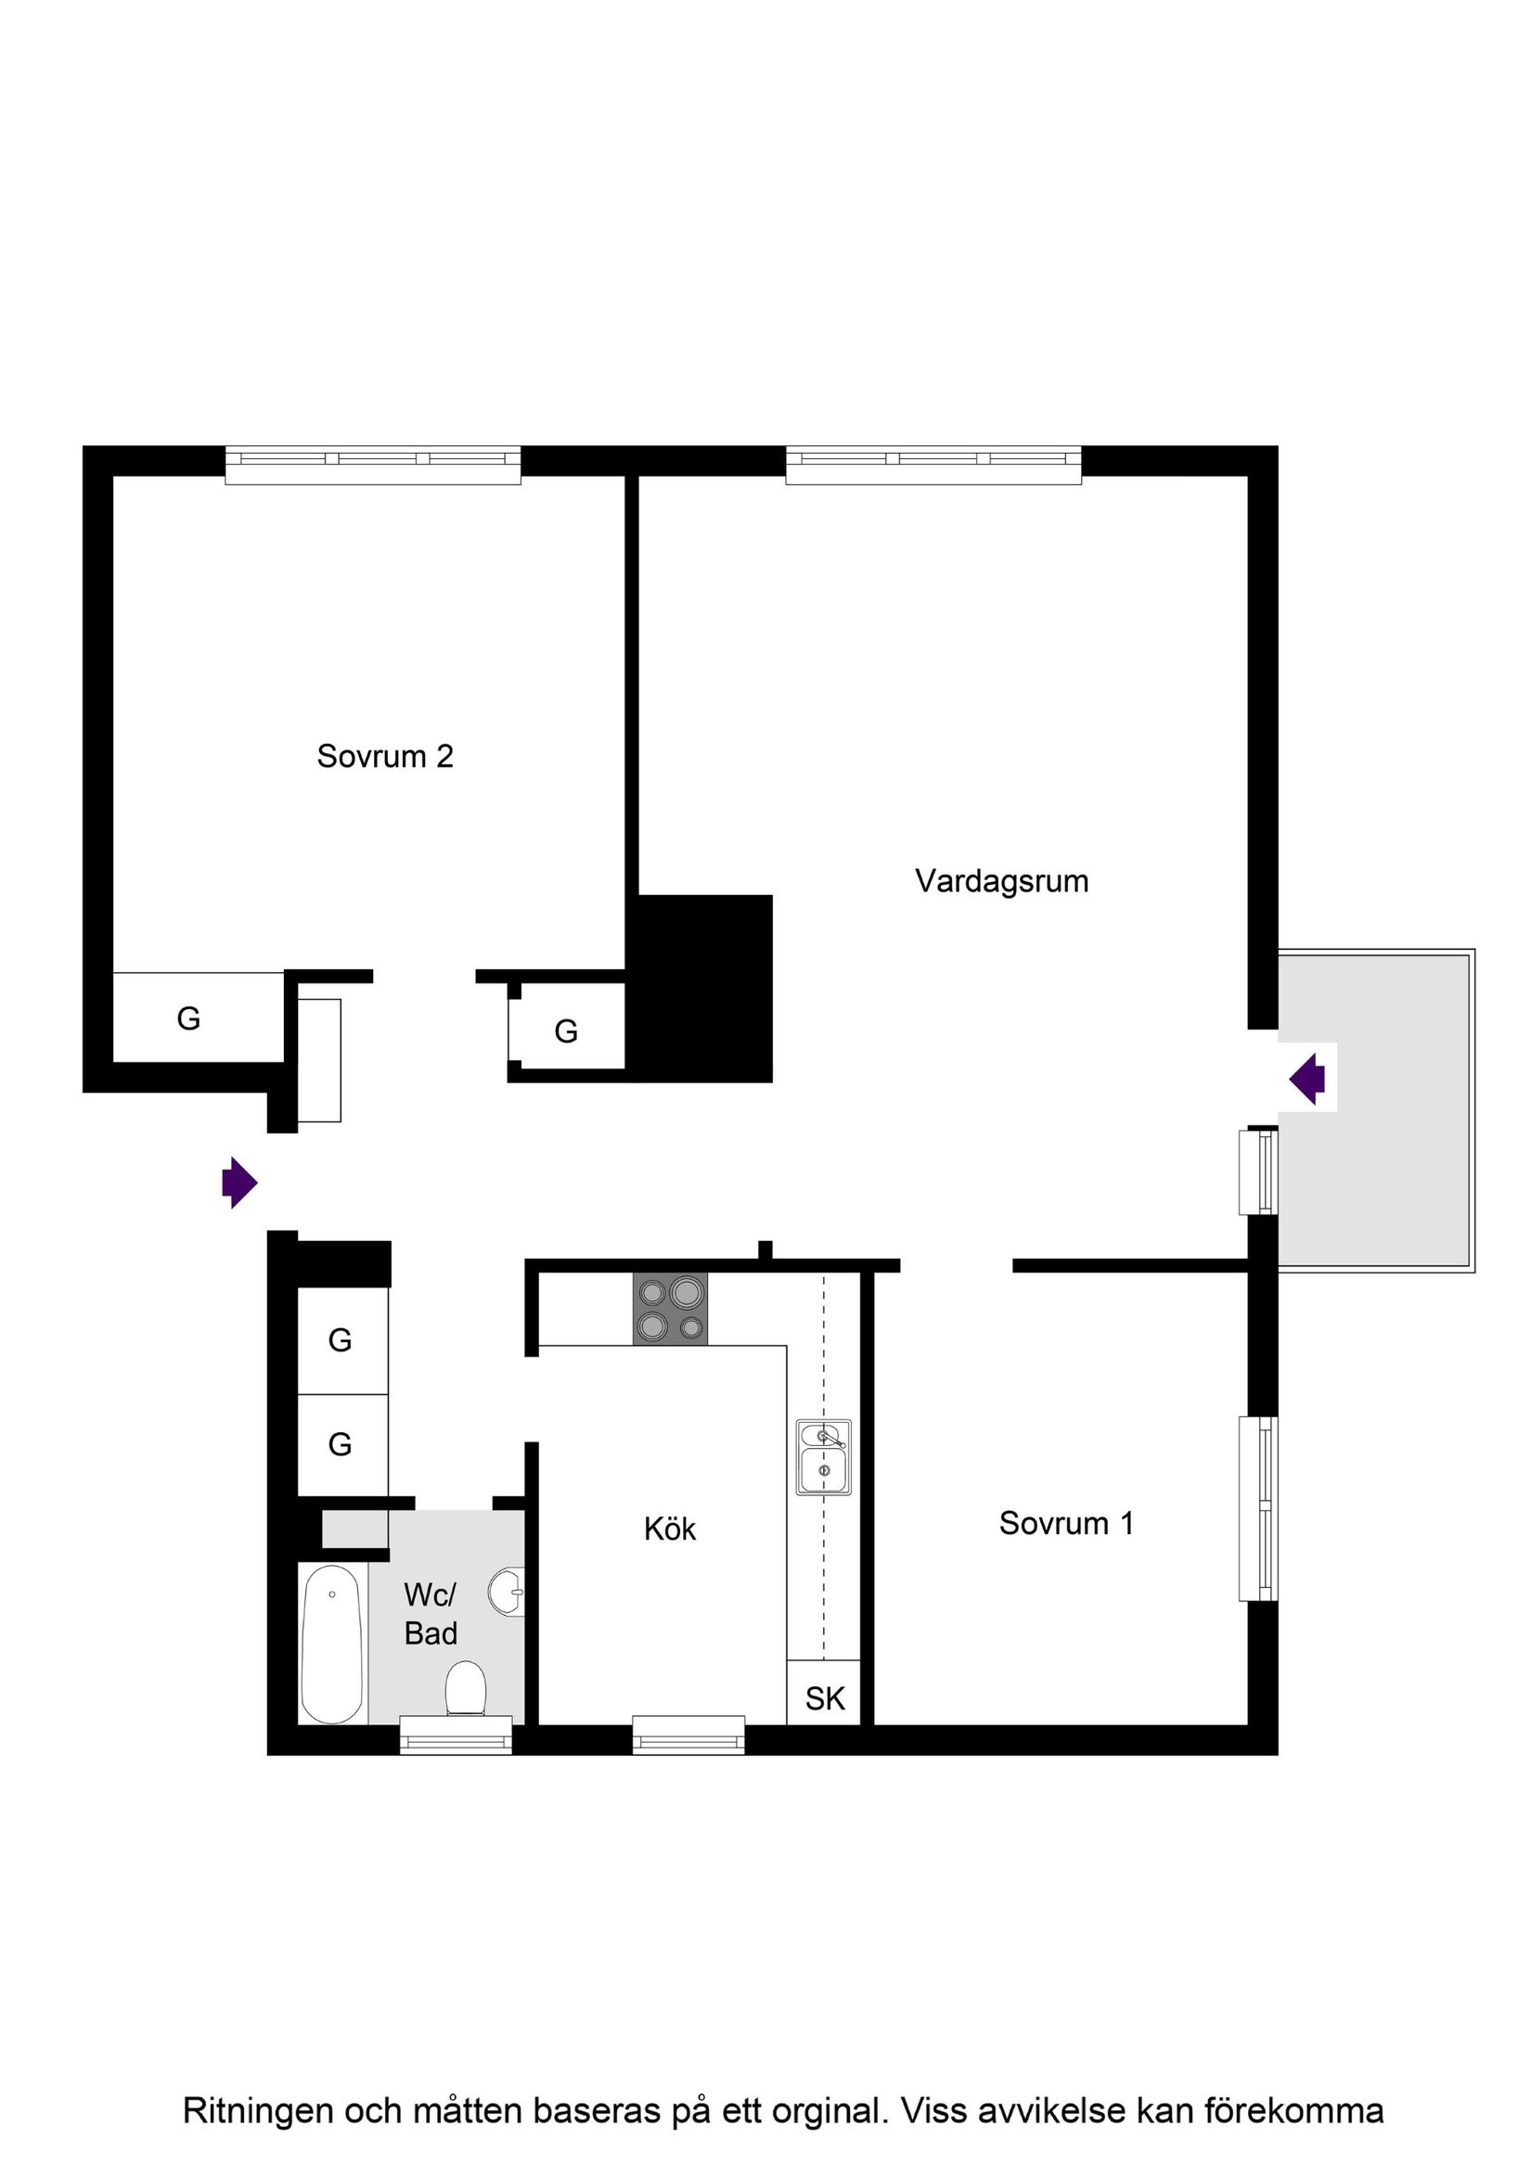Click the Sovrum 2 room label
click(385, 756)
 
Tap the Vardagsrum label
click(1001, 881)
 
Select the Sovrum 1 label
click(1066, 1523)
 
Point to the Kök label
click(669, 1529)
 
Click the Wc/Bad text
click(430, 1614)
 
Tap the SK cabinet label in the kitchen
click(824, 1698)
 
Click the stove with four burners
click(669, 1310)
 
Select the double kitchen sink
click(823, 1457)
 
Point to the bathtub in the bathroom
click(331, 1644)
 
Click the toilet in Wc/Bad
click(465, 1688)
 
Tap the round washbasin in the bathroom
click(507, 1592)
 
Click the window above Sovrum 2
click(372, 464)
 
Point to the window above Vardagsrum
click(933, 464)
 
